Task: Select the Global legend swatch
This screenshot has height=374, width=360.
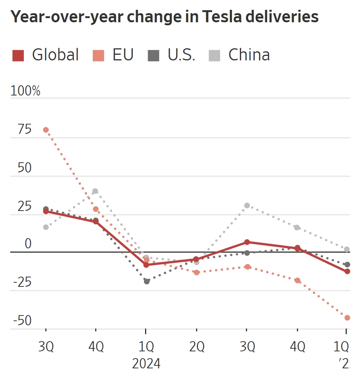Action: [18, 55]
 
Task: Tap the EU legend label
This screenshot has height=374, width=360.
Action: [123, 55]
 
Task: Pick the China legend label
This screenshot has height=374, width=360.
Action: [249, 55]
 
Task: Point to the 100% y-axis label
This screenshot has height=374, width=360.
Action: [25, 91]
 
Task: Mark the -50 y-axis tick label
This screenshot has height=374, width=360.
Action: [23, 321]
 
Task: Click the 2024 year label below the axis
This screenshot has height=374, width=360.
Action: [146, 364]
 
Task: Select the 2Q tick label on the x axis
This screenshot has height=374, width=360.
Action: [196, 346]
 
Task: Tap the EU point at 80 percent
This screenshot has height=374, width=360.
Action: [46, 130]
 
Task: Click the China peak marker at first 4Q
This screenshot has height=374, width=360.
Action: [95, 191]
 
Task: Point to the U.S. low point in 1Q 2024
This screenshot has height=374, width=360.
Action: [147, 281]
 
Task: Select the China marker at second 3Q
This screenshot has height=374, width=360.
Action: [247, 205]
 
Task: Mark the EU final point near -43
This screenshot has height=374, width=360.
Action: [347, 318]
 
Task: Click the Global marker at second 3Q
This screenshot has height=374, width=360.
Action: [247, 242]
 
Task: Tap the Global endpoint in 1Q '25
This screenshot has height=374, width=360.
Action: [347, 271]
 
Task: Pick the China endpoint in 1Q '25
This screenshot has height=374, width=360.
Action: [347, 249]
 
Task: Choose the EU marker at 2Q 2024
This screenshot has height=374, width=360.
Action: [196, 272]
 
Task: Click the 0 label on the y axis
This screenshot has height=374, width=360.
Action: [28, 244]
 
